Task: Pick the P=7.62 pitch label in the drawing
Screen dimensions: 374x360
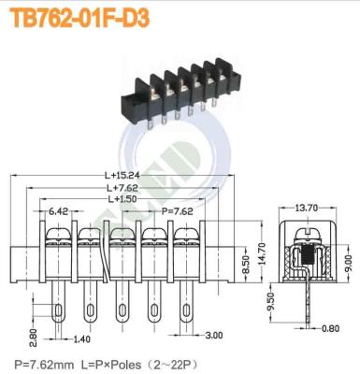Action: [178, 211]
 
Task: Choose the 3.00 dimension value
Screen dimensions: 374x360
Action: [213, 333]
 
